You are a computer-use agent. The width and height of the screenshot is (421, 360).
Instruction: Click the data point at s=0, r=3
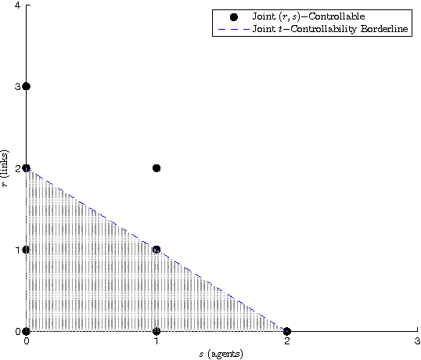(27, 86)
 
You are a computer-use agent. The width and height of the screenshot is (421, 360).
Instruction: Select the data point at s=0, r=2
(27, 167)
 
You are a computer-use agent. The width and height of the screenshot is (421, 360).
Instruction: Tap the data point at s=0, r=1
(27, 250)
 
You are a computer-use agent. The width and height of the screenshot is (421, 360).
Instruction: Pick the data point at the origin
(27, 331)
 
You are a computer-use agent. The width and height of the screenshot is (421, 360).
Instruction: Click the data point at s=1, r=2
(157, 167)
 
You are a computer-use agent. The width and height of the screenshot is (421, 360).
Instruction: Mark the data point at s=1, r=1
(157, 250)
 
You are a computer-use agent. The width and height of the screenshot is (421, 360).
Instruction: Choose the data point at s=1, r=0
(157, 331)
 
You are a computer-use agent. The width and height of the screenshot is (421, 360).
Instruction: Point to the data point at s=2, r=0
(287, 331)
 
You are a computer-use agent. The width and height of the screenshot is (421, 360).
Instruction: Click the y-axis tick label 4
(18, 6)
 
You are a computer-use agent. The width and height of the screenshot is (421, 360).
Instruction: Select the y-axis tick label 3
(18, 86)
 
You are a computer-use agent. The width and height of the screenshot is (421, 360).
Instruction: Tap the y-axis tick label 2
(18, 167)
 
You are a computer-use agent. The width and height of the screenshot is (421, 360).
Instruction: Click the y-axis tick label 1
(18, 250)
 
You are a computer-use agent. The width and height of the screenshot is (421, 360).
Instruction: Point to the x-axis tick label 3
(417, 341)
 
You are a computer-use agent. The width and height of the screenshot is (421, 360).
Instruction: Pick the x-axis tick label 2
(287, 341)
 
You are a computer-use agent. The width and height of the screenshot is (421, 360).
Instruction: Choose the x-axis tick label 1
(157, 341)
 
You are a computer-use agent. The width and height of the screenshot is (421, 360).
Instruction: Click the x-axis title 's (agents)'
(221, 354)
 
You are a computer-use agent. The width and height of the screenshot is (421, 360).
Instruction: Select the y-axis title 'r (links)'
(7, 168)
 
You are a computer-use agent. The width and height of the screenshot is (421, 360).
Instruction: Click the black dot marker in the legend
(233, 16)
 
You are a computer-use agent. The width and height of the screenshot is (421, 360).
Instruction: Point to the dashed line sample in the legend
(233, 29)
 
